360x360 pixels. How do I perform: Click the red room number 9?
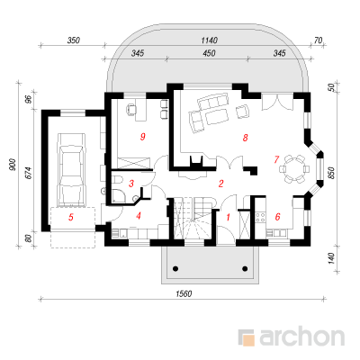(143, 137)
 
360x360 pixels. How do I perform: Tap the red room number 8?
(246, 138)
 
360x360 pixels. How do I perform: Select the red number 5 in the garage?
(70, 217)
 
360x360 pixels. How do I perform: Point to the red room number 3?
(131, 184)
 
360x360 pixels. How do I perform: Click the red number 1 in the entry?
(228, 217)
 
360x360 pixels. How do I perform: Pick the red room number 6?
(277, 216)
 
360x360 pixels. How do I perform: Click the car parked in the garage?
(71, 170)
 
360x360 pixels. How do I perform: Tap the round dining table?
(294, 169)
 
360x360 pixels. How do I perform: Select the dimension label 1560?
(184, 293)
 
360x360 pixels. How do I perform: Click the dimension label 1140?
(209, 40)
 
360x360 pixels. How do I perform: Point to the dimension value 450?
(209, 53)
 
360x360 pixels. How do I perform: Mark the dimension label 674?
(29, 173)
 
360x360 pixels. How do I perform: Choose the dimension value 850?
(331, 173)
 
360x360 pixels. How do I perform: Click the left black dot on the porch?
(175, 268)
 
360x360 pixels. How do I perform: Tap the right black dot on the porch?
(245, 268)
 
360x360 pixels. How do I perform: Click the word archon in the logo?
(301, 337)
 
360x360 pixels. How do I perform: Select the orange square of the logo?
(248, 340)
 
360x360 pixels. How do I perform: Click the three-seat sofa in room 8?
(212, 101)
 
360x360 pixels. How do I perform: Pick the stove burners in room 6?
(261, 217)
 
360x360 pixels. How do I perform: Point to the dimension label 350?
(74, 40)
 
